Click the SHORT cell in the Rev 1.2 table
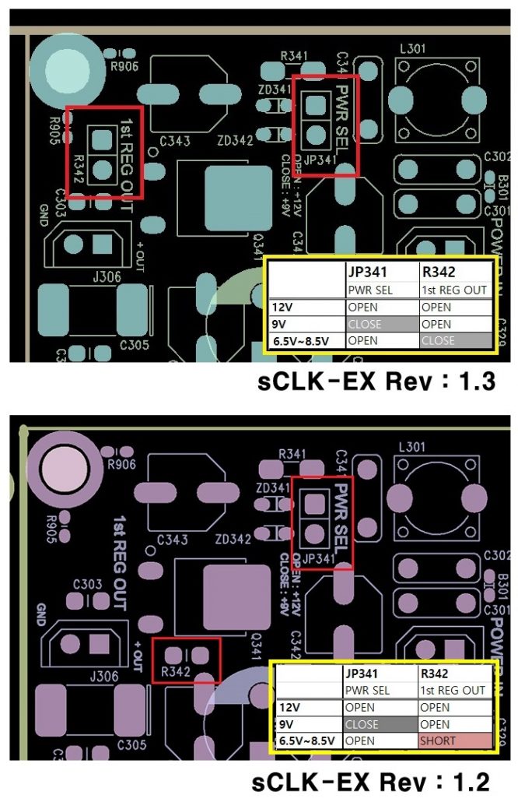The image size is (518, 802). tap(455, 740)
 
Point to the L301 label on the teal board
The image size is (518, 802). tap(411, 49)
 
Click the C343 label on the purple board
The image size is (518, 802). tap(173, 540)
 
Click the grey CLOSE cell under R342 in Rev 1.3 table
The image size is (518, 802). tap(455, 340)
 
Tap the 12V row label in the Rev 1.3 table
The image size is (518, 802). tap(282, 307)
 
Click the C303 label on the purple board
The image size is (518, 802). tap(87, 583)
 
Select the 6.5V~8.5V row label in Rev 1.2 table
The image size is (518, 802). tap(307, 740)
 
